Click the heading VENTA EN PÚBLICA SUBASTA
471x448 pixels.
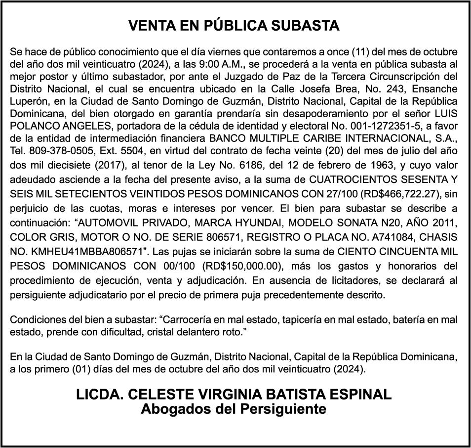tap(234, 26)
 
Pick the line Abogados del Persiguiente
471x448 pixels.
tap(234, 409)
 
